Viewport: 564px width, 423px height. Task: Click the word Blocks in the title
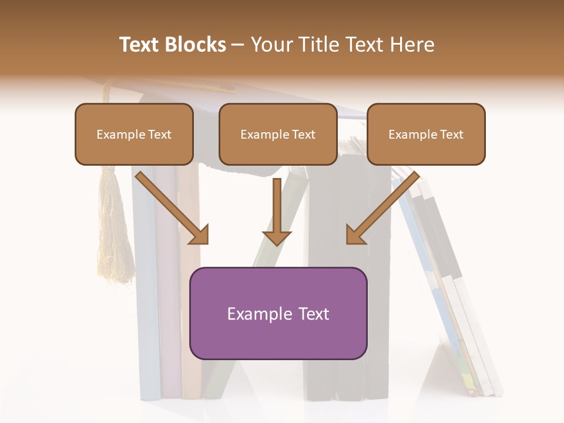click(x=196, y=45)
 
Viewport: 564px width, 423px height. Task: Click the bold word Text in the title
click(x=141, y=45)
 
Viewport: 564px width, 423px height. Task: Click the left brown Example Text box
click(x=134, y=134)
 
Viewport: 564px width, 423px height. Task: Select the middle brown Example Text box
click(x=278, y=134)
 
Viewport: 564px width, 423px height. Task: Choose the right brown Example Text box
click(x=426, y=134)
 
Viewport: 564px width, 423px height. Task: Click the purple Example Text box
click(x=278, y=313)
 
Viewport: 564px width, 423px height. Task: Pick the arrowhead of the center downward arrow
click(x=277, y=237)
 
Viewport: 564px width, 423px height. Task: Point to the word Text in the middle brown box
click(x=304, y=135)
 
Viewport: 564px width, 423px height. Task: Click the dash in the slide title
click(x=238, y=45)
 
